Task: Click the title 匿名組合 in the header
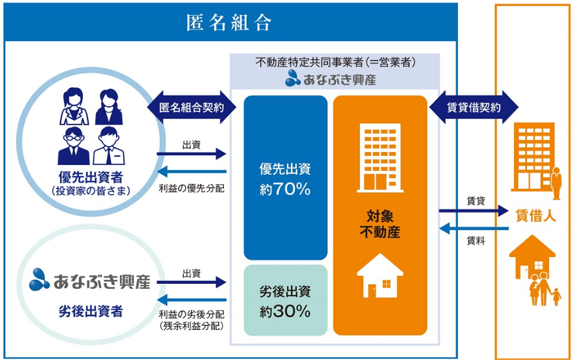[229, 23]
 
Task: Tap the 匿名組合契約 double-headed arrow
[192, 107]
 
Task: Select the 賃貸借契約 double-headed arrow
[474, 107]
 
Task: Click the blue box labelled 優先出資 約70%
[285, 177]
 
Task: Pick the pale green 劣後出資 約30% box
[285, 300]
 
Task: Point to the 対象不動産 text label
[380, 224]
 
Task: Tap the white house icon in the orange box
[380, 276]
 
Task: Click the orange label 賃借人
[535, 216]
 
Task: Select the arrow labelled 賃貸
[474, 211]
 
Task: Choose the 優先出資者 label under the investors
[91, 177]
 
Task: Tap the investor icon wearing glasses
[73, 146]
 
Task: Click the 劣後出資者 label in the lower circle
[91, 312]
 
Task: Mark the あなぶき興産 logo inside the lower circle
[90, 280]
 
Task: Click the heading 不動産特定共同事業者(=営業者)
[336, 63]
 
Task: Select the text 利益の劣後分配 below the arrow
[192, 314]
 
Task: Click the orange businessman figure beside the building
[556, 183]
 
